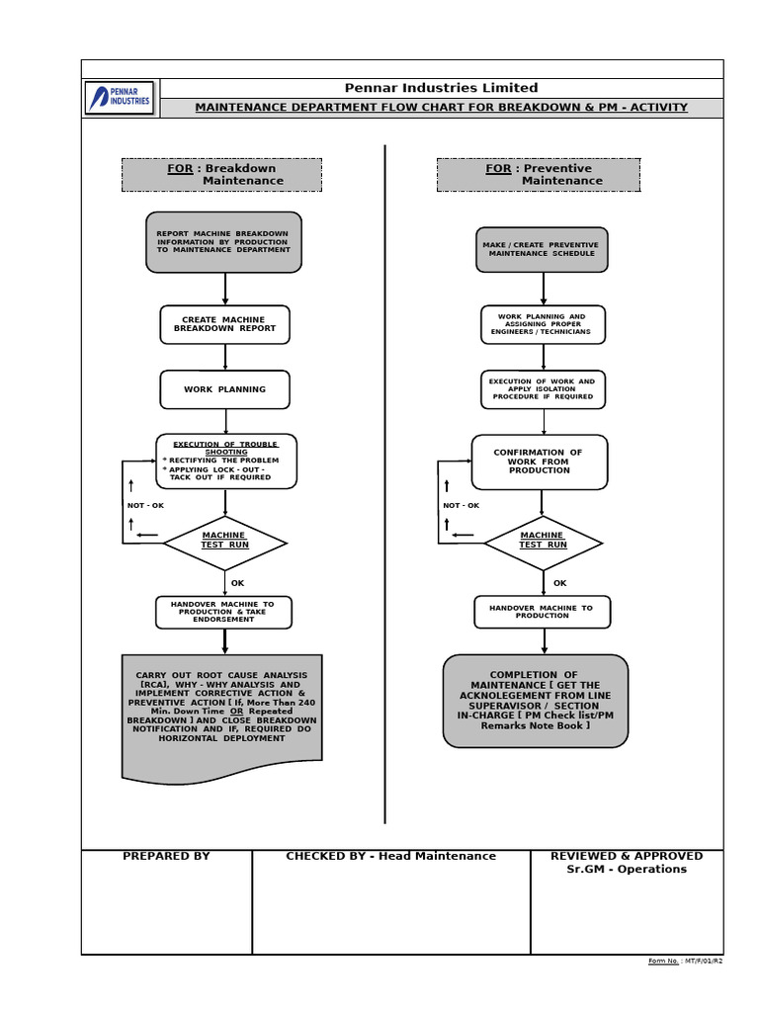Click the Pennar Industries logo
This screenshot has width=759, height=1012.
pyautogui.click(x=120, y=98)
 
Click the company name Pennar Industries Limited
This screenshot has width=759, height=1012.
pyautogui.click(x=441, y=88)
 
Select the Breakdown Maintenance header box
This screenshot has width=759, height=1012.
pyautogui.click(x=221, y=175)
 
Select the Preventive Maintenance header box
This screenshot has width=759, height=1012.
pyautogui.click(x=538, y=175)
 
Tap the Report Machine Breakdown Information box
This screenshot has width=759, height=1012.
pyautogui.click(x=223, y=242)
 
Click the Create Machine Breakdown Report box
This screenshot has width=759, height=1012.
pyautogui.click(x=225, y=324)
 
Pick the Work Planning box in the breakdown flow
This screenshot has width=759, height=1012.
pyautogui.click(x=225, y=389)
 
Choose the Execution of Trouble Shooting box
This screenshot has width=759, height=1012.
pyautogui.click(x=226, y=461)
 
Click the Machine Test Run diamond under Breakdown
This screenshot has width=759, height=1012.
pyautogui.click(x=225, y=542)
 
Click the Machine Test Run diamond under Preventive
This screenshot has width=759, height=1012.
pyautogui.click(x=543, y=542)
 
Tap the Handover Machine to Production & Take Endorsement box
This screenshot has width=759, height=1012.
pyautogui.click(x=223, y=612)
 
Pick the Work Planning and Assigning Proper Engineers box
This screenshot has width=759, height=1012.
pyautogui.click(x=544, y=324)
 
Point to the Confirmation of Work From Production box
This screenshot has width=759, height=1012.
pyautogui.click(x=539, y=462)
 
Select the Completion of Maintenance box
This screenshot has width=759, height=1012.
pyautogui.click(x=536, y=700)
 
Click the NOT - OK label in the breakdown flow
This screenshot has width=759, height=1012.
pyautogui.click(x=145, y=506)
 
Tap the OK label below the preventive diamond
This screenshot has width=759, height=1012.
pyautogui.click(x=560, y=583)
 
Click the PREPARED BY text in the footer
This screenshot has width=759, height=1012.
pyautogui.click(x=166, y=856)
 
